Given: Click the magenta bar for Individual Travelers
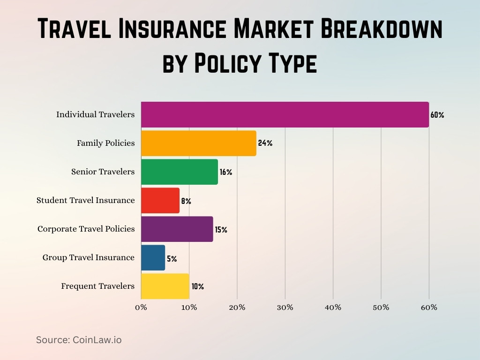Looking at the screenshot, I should coord(285,114).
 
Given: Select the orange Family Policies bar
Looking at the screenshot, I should coord(198,143).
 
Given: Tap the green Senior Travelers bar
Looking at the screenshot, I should coord(179,172).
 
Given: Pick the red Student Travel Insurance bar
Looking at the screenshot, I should coord(160,200).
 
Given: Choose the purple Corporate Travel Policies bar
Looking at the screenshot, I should coord(177,229).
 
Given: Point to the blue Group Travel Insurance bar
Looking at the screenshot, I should coord(153,257).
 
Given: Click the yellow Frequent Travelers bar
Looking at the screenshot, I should coord(165,286).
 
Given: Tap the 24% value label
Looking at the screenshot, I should coord(265,143).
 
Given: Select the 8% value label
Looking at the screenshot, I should coord(186,201).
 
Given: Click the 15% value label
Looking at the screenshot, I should coord(221,230).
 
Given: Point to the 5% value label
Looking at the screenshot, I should coord(172,259).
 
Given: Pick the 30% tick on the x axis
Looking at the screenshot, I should coord(285,307).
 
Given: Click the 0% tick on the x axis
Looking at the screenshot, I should coord(141,307).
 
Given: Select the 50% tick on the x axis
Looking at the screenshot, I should coord(381,307).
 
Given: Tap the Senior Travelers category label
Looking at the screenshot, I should coord(103,172).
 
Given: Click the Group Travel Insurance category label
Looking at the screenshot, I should coord(88,257).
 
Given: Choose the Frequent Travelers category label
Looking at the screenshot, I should coord(97,286).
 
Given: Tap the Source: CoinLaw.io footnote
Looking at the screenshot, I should coord(79,340).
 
